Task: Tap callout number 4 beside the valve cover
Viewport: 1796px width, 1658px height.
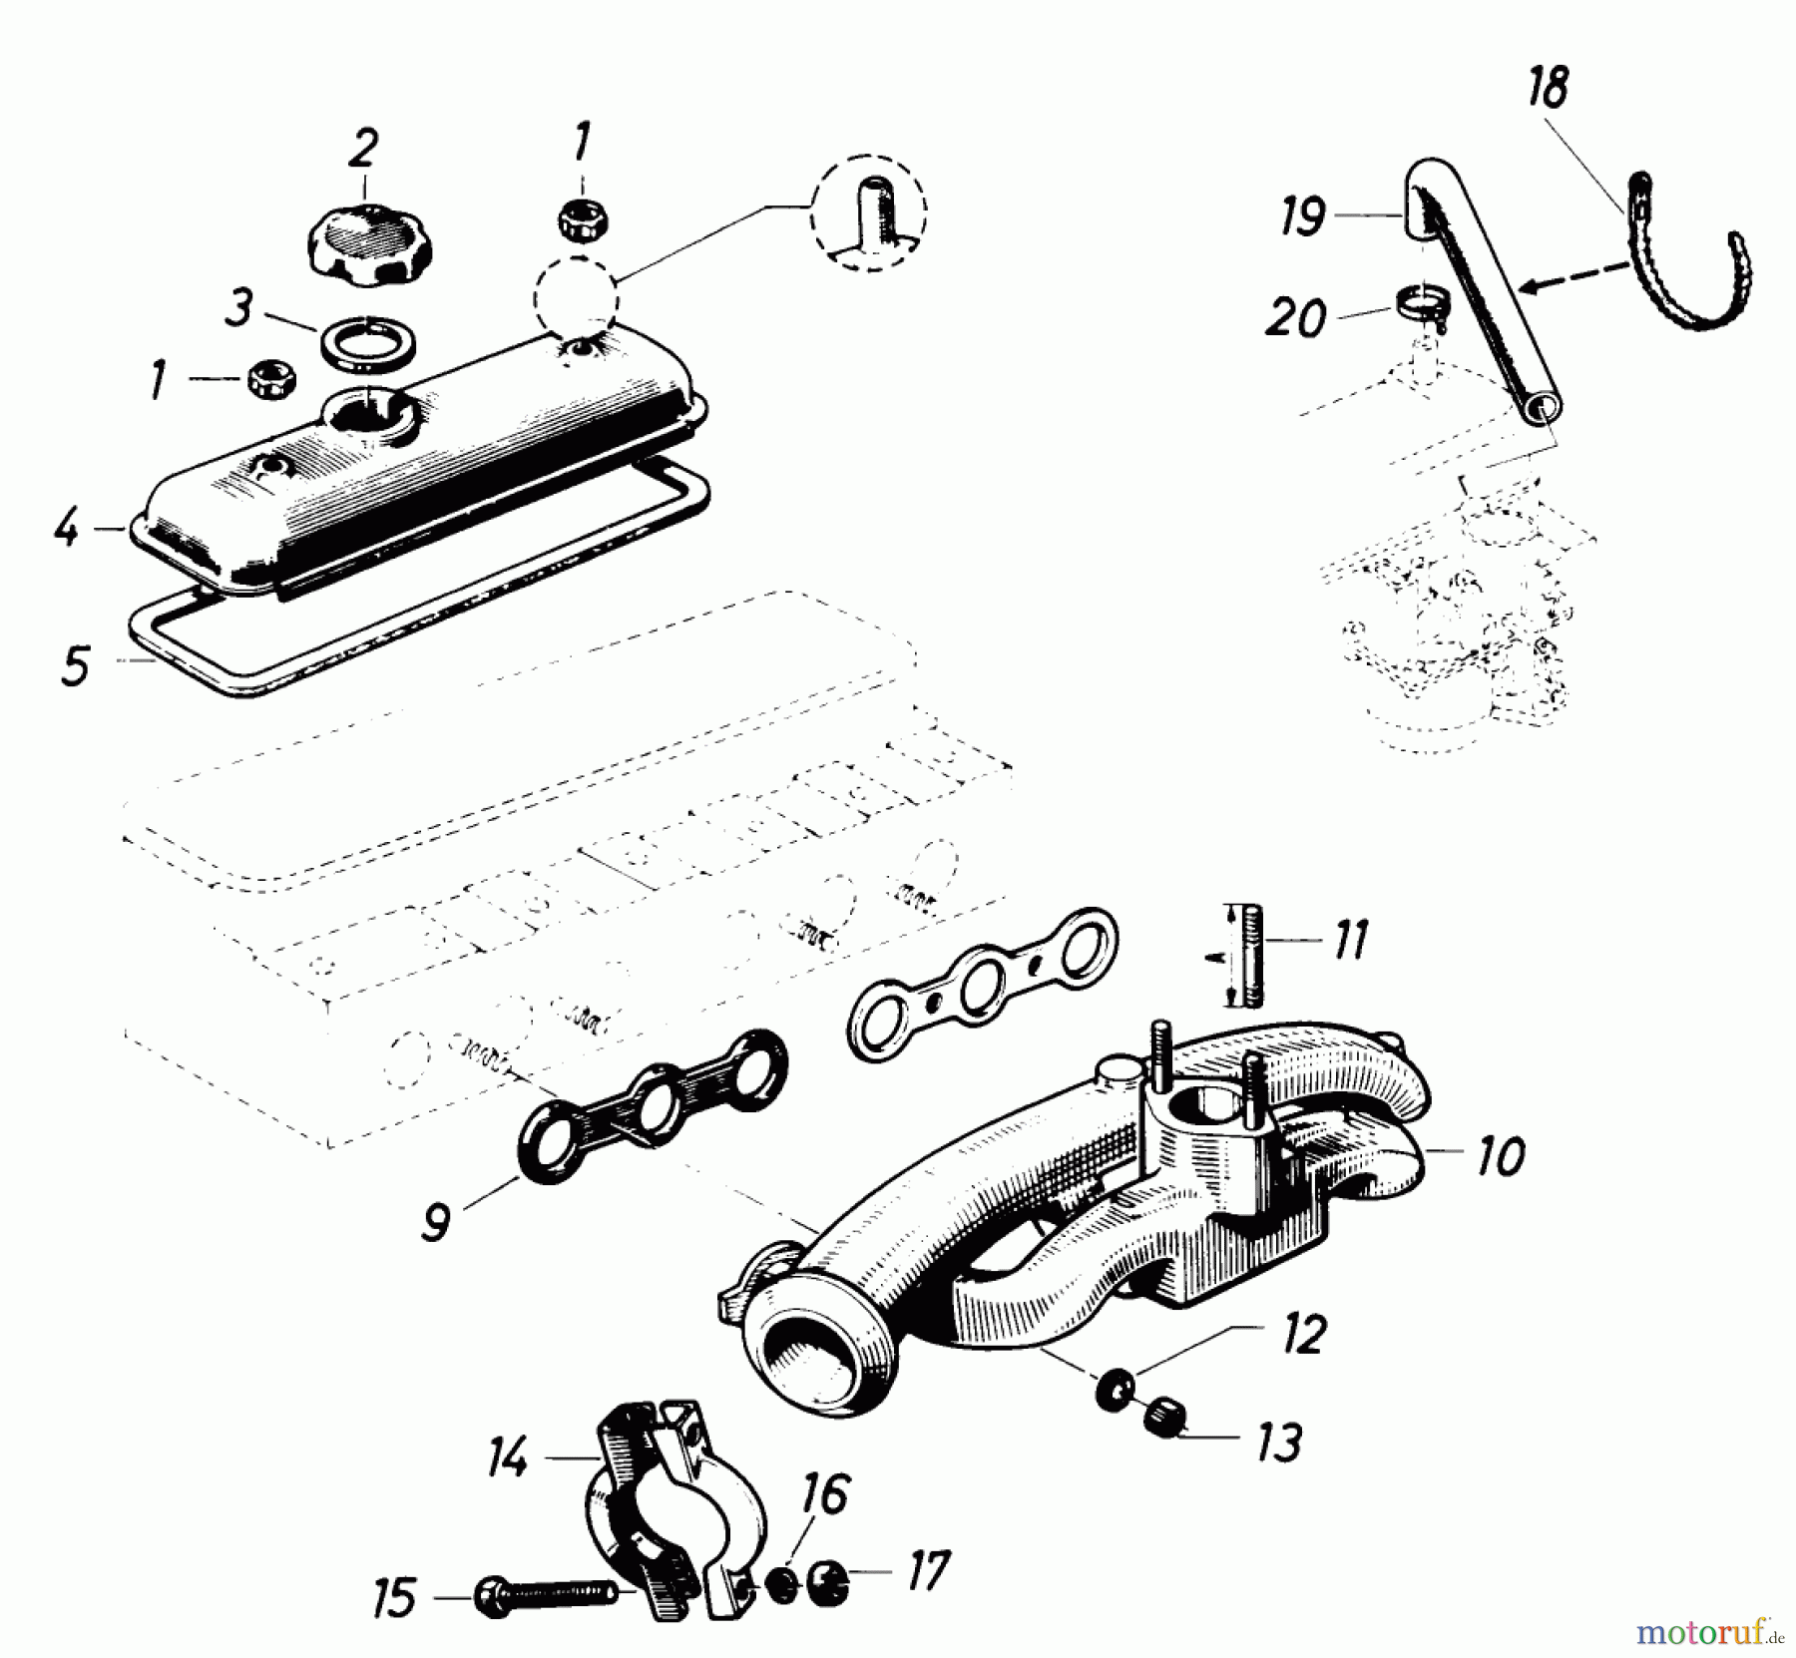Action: point(66,528)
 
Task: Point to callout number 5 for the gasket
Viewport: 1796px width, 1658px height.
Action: point(75,665)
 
